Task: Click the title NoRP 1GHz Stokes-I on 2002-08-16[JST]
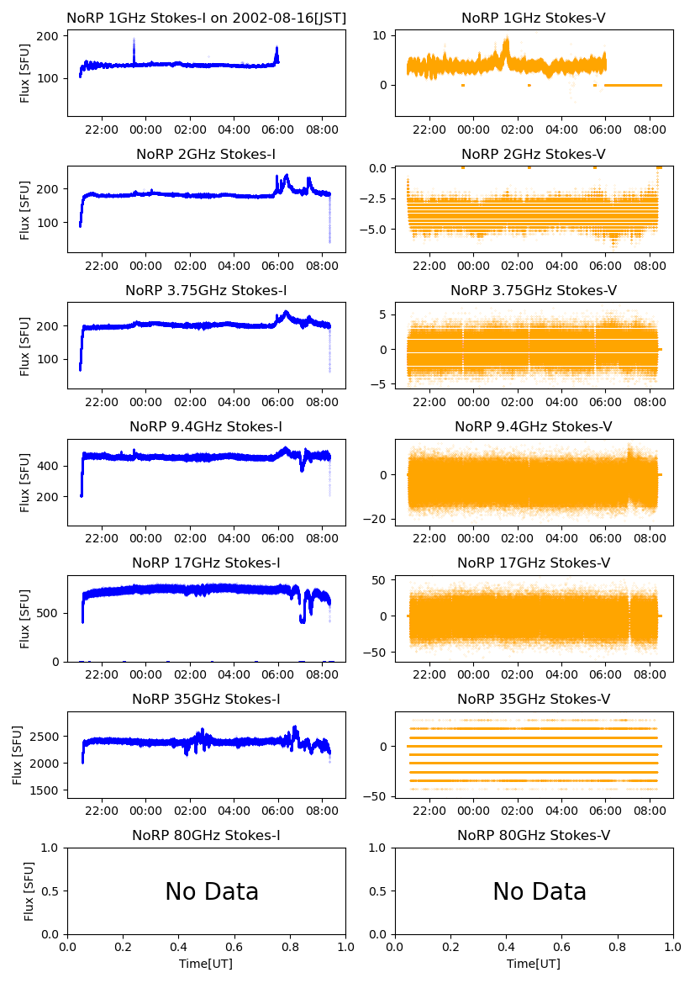207,18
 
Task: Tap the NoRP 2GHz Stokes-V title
534,154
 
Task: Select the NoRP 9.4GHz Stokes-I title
206,426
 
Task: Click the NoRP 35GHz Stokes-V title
534,699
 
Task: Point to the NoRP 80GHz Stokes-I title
206,835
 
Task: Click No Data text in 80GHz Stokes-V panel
540,891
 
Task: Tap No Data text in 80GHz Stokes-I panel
212,891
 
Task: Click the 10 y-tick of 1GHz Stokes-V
379,35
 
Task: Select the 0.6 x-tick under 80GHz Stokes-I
234,948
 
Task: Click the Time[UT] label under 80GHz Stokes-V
534,964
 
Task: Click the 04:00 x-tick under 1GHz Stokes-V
561,129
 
